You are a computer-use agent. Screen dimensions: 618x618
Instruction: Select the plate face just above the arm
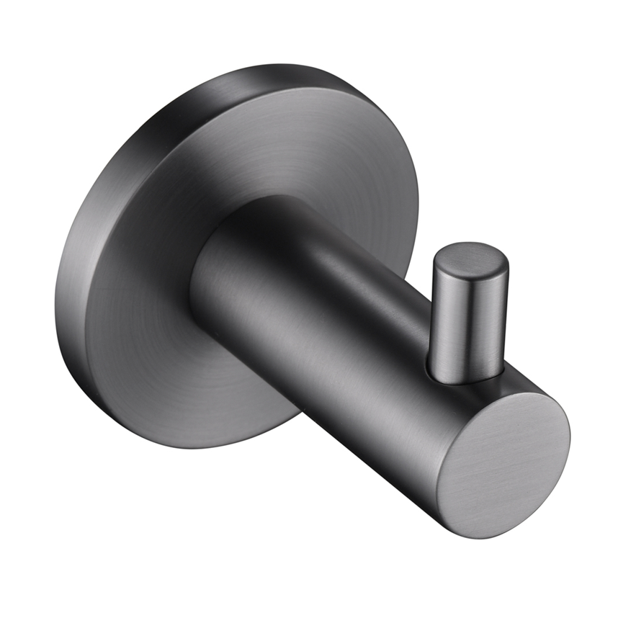tap(288, 158)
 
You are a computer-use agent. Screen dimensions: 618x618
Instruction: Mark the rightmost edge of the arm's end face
tap(569, 439)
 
